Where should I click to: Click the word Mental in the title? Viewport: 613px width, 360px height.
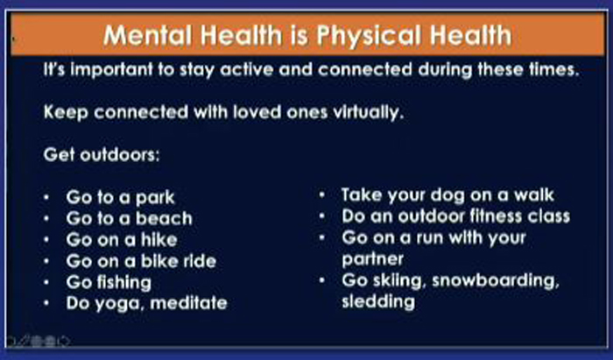click(147, 35)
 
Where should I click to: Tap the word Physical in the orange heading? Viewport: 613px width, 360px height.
click(369, 36)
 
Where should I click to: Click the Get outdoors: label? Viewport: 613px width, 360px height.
click(102, 155)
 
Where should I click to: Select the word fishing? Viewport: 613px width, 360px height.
click(122, 283)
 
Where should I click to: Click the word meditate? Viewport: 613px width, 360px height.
click(188, 303)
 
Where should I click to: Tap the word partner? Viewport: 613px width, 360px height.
click(372, 259)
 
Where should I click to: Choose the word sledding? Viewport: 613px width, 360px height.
click(378, 302)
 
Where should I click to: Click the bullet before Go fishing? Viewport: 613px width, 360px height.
click(47, 282)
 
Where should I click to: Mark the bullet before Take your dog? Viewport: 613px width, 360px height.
click(322, 194)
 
